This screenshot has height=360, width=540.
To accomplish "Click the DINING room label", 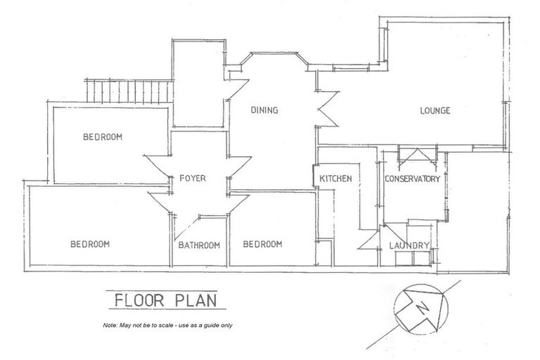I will tap(265, 110).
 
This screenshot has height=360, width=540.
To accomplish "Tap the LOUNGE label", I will tap(435, 111).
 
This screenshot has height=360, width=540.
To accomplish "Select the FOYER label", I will tap(192, 179).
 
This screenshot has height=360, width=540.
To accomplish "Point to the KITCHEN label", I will tap(335, 179).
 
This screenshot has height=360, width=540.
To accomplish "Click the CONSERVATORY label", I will tap(412, 179).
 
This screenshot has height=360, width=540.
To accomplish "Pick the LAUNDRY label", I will tap(409, 245).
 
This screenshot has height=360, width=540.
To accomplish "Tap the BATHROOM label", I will tap(198, 245).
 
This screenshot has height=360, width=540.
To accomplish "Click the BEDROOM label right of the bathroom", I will tap(262, 244).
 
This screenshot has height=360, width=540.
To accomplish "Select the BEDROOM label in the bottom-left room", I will tap(90, 244).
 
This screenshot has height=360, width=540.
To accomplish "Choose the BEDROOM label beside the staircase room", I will tap(103, 137).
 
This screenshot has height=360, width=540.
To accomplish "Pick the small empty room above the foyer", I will tap(199, 84).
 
